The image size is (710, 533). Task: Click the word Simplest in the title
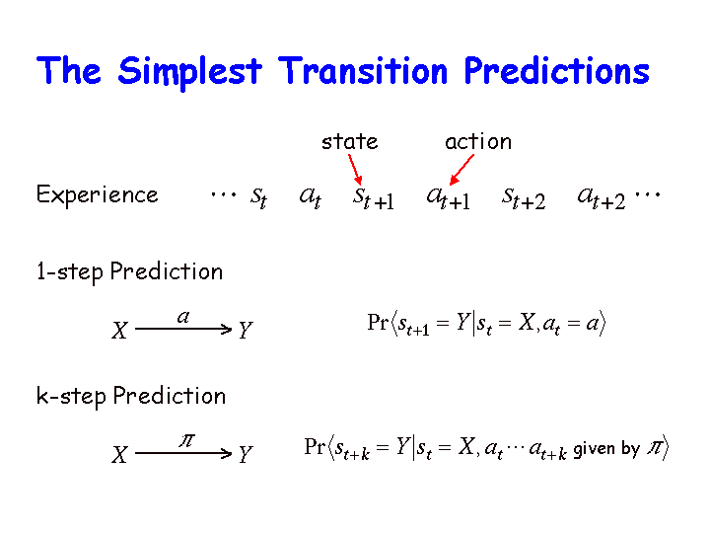coord(189,72)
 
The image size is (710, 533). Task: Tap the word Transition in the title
coord(363,71)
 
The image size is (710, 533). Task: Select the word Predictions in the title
coord(557,71)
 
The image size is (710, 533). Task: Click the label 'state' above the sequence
coord(349,142)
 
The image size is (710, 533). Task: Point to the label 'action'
coord(478,142)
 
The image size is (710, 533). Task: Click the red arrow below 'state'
coord(355,169)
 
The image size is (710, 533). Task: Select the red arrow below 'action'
coord(461,170)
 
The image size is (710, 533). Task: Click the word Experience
coord(97,194)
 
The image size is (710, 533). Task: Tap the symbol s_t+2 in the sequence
coord(524,198)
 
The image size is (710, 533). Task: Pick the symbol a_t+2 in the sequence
coord(602,198)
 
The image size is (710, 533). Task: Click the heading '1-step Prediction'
coord(129,272)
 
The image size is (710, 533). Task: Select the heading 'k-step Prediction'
coord(131,397)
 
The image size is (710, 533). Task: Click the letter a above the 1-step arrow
coord(183,317)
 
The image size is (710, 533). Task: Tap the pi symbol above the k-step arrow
coord(186,440)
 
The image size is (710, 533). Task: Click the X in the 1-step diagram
coord(119,330)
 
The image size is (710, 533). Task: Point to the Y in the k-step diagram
coord(245,454)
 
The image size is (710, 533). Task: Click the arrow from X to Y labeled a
coord(183,329)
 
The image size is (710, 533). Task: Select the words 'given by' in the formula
coord(606,450)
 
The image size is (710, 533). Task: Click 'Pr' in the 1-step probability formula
coord(378,322)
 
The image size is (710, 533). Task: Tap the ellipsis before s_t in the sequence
coord(223,195)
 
